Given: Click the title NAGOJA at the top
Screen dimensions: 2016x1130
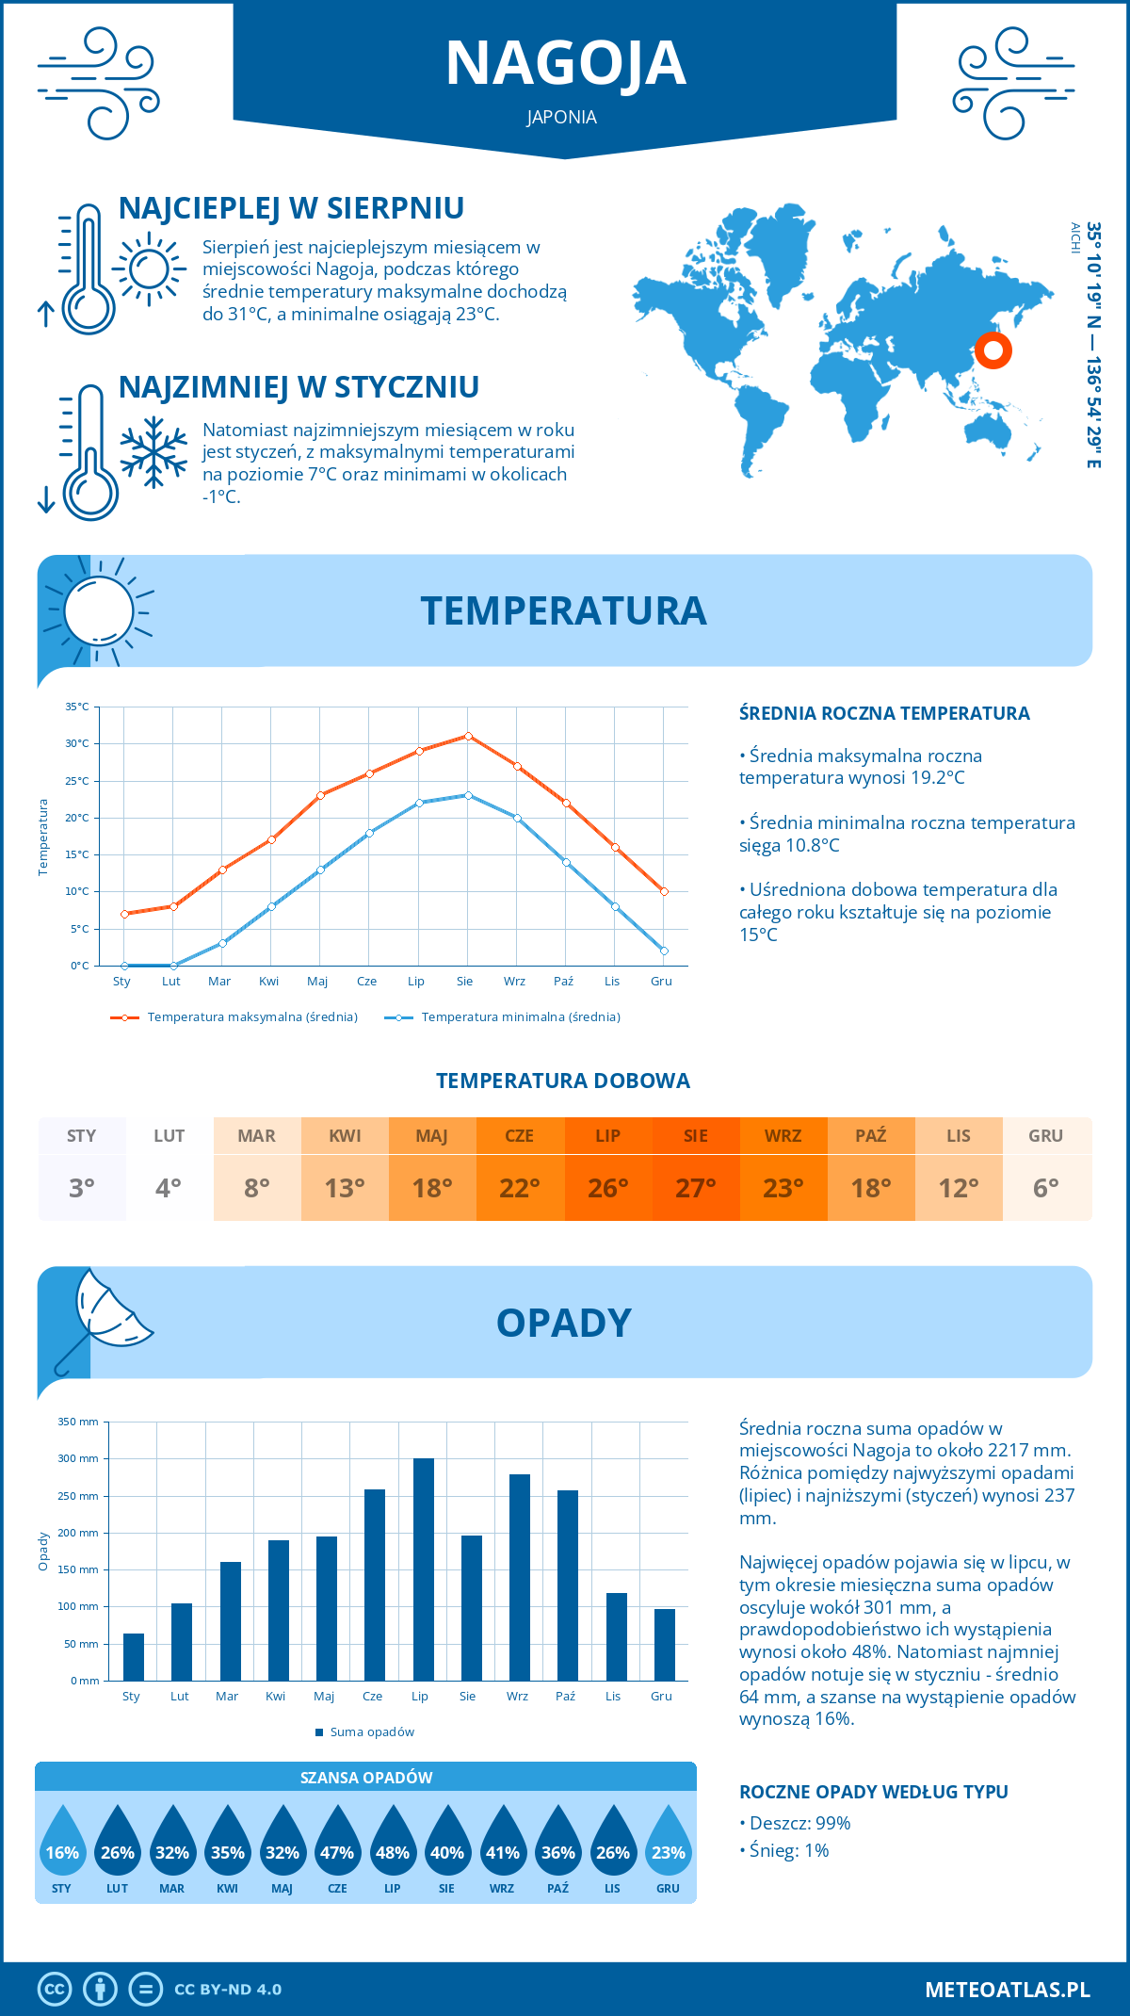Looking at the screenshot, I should coord(565,63).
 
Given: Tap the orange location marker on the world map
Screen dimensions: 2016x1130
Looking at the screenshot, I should coord(993,350).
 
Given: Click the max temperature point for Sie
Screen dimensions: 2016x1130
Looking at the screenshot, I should coord(468,736).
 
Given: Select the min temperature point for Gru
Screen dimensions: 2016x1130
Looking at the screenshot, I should coord(664,951).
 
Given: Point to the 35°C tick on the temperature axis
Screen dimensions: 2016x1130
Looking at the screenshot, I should coord(77,707).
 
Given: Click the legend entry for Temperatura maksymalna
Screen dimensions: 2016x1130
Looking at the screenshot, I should coord(234,1017).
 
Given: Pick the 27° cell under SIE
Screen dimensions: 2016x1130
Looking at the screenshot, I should coord(695,1188).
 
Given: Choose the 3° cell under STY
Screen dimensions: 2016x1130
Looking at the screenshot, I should coord(82,1188).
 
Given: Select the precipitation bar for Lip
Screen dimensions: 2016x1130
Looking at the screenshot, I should coord(423,1569).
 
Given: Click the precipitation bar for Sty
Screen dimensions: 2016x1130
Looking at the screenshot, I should coord(134,1656).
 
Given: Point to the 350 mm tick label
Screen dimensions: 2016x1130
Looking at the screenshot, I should coord(78,1422).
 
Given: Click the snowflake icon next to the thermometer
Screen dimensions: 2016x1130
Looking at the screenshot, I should coord(153,452).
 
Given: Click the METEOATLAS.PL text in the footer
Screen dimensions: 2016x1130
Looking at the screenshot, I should coord(1007,1990).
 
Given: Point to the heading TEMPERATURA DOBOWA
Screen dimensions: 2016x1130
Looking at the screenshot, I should coord(563,1081).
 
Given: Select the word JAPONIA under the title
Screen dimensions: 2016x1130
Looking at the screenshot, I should coord(562,118).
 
